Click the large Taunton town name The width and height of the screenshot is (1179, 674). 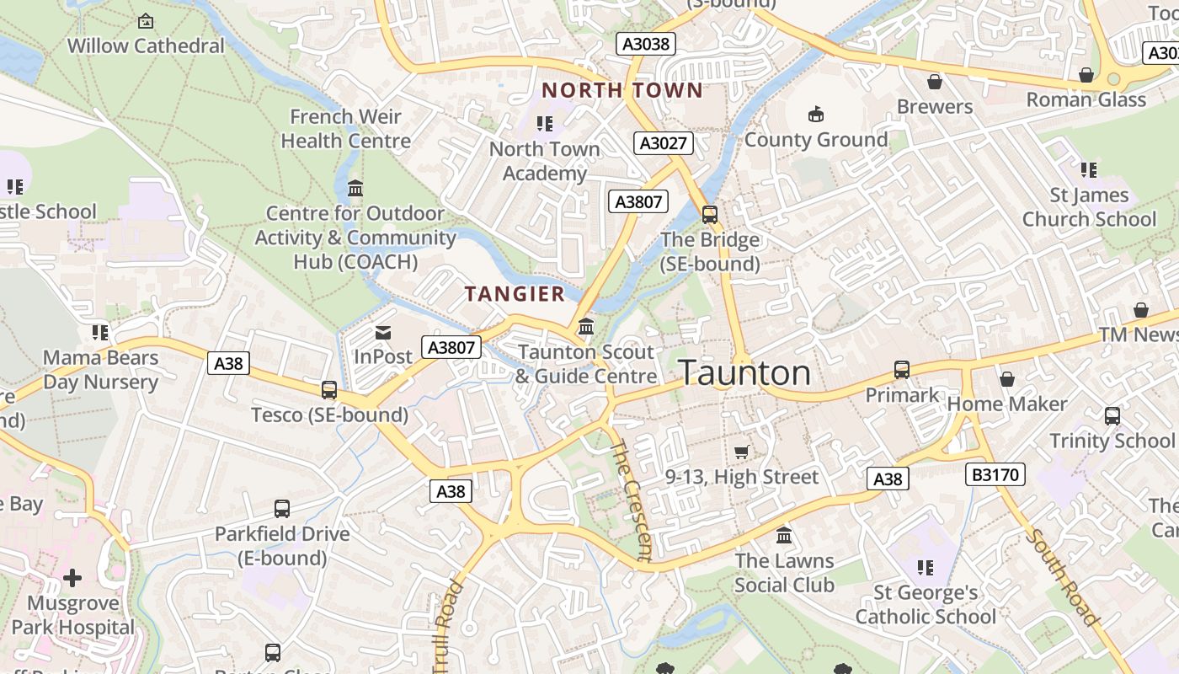coord(744,372)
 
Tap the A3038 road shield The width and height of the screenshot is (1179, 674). coord(646,44)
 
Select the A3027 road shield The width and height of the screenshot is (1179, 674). coord(664,142)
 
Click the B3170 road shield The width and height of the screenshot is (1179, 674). coord(995,474)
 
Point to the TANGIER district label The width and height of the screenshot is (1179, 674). coord(515,294)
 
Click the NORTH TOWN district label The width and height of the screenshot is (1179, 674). coord(622,90)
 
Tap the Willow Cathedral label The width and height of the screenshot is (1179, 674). coord(146,45)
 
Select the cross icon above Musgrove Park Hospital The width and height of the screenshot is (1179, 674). coord(72,578)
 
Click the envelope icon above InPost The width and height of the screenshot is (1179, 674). coord(383,333)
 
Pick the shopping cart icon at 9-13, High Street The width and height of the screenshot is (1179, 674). coord(741,452)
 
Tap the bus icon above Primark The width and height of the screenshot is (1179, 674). coord(902,370)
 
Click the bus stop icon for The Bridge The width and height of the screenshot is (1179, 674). coord(710,215)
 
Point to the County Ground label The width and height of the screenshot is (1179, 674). coord(815,139)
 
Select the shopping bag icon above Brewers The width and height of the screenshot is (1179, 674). coord(934,82)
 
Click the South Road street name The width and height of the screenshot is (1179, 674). coord(1063,577)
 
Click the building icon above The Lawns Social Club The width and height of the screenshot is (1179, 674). coord(784,536)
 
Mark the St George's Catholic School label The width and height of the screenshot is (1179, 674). coord(926,604)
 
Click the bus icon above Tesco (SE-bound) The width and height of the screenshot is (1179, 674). coord(329,390)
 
